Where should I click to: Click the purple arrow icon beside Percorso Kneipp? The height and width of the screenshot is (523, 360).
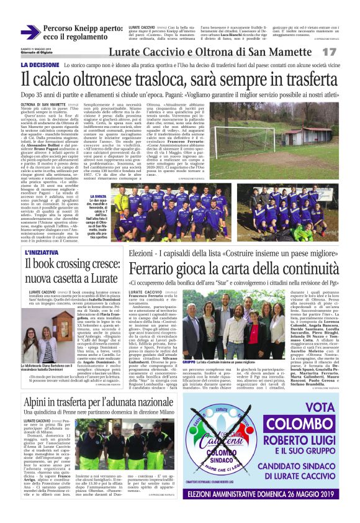30,32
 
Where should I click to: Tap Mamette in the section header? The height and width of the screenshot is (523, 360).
284,52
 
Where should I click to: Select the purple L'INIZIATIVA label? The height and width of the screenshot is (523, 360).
42,253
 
